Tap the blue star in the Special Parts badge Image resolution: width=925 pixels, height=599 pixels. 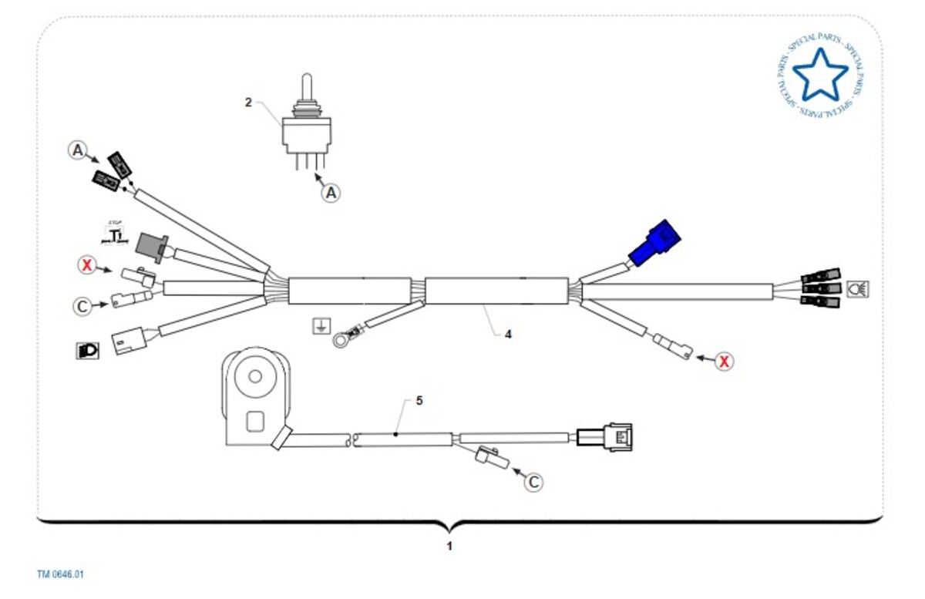pos(819,75)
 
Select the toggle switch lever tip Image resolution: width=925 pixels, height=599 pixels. pos(306,79)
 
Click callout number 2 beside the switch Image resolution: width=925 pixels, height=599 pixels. pos(248,102)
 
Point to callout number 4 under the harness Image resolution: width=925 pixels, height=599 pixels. pos(508,335)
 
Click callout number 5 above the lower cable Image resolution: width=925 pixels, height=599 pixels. pos(419,401)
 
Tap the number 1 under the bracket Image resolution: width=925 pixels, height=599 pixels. pos(450,546)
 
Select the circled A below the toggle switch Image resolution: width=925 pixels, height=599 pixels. pos(331,192)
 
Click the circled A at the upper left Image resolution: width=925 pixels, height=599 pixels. pos(77,150)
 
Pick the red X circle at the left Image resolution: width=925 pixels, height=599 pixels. pos(87,266)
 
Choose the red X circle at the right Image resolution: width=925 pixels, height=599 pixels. pos(723,360)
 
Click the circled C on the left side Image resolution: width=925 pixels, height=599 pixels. pos(82,305)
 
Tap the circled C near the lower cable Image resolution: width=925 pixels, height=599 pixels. pos(533,482)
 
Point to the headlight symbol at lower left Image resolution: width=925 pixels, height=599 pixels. pos(87,350)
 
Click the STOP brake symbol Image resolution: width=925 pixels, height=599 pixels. pos(116,232)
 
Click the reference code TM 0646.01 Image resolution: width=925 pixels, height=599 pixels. pos(60,574)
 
